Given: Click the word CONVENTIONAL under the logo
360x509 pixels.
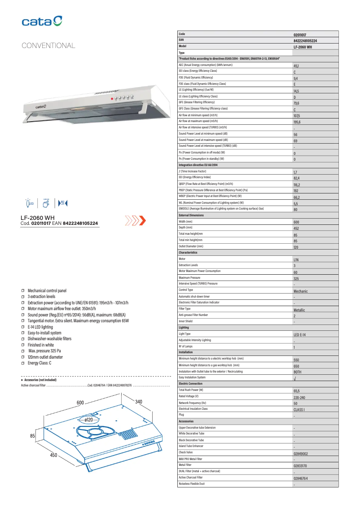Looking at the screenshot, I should tap(48, 46).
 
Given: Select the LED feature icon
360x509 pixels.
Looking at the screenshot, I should tap(30, 203).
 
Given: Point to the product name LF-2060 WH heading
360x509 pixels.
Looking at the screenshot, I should tap(38, 218).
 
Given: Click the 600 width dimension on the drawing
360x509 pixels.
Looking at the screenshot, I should tap(80, 403).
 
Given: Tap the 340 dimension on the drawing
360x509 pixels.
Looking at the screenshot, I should tap(139, 402).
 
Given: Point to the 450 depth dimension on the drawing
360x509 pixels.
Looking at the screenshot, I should tap(53, 456).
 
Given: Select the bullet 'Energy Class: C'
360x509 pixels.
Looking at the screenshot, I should tap(39, 363).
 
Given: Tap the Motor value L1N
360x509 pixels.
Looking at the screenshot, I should tap(296, 260).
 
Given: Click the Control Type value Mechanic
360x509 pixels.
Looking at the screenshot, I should tap(301, 291).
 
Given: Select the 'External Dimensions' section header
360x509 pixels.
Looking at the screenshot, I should tap(191, 215).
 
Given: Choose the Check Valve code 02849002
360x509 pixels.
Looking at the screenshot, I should tap(301, 454).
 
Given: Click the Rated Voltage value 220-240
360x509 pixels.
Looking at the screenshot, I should tap(299, 398).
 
